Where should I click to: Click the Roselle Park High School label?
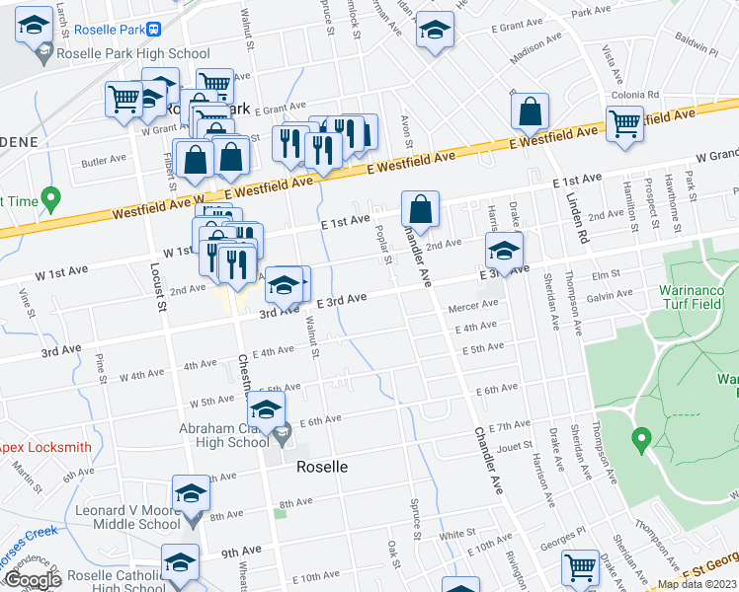[133, 54]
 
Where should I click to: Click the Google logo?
[33, 580]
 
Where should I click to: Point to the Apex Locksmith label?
[44, 447]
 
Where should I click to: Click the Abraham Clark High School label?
[224, 435]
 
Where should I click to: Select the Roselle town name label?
[322, 468]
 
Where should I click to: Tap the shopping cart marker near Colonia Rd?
[624, 123]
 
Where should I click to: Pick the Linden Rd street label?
[577, 208]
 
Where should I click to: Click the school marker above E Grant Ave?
[434, 29]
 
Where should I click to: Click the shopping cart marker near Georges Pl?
[580, 565]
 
